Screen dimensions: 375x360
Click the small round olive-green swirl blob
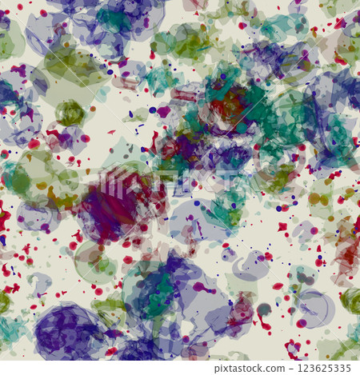point(70,113)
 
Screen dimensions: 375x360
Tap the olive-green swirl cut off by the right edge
point(351,301)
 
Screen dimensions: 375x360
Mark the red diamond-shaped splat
point(282,227)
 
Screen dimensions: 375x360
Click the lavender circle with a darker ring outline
point(314,309)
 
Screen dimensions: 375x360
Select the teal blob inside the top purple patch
point(116,19)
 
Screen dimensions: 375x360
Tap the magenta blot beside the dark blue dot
point(165,111)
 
